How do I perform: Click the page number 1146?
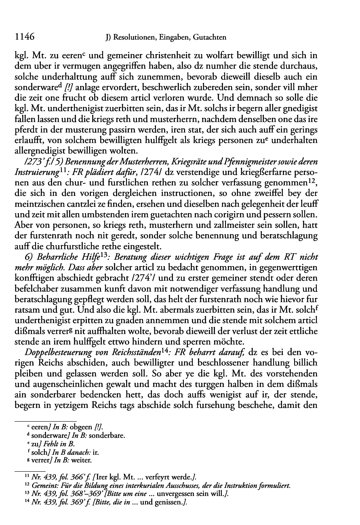point(23,37)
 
